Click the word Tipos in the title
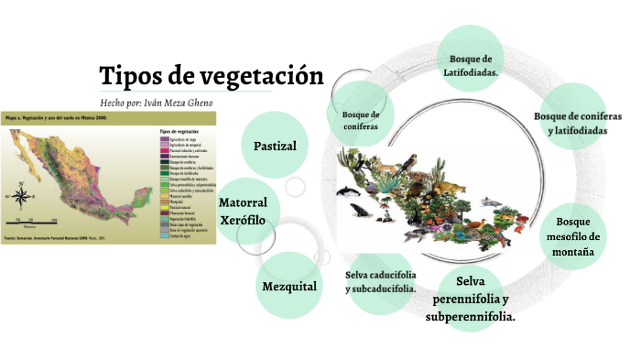[x=127, y=76]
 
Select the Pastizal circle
[x=281, y=146]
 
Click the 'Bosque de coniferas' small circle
[x=360, y=120]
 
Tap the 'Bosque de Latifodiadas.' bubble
[x=473, y=64]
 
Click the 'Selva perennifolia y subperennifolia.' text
[x=470, y=298]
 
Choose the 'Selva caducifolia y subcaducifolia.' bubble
[x=381, y=281]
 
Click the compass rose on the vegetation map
[x=21, y=194]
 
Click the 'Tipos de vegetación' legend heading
[x=180, y=131]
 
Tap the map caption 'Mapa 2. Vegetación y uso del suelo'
[x=55, y=118]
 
